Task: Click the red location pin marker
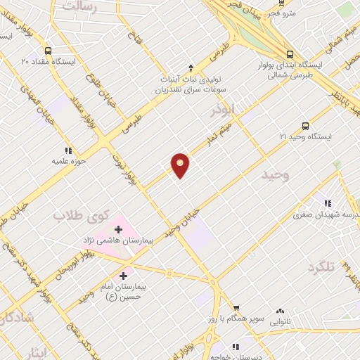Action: (181, 165)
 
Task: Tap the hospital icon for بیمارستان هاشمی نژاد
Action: (118, 229)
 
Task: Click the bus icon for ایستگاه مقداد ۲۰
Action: (47, 51)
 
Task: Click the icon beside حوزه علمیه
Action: (68, 150)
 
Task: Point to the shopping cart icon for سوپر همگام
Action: (236, 308)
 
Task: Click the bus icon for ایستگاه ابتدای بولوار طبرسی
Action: (290, 54)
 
